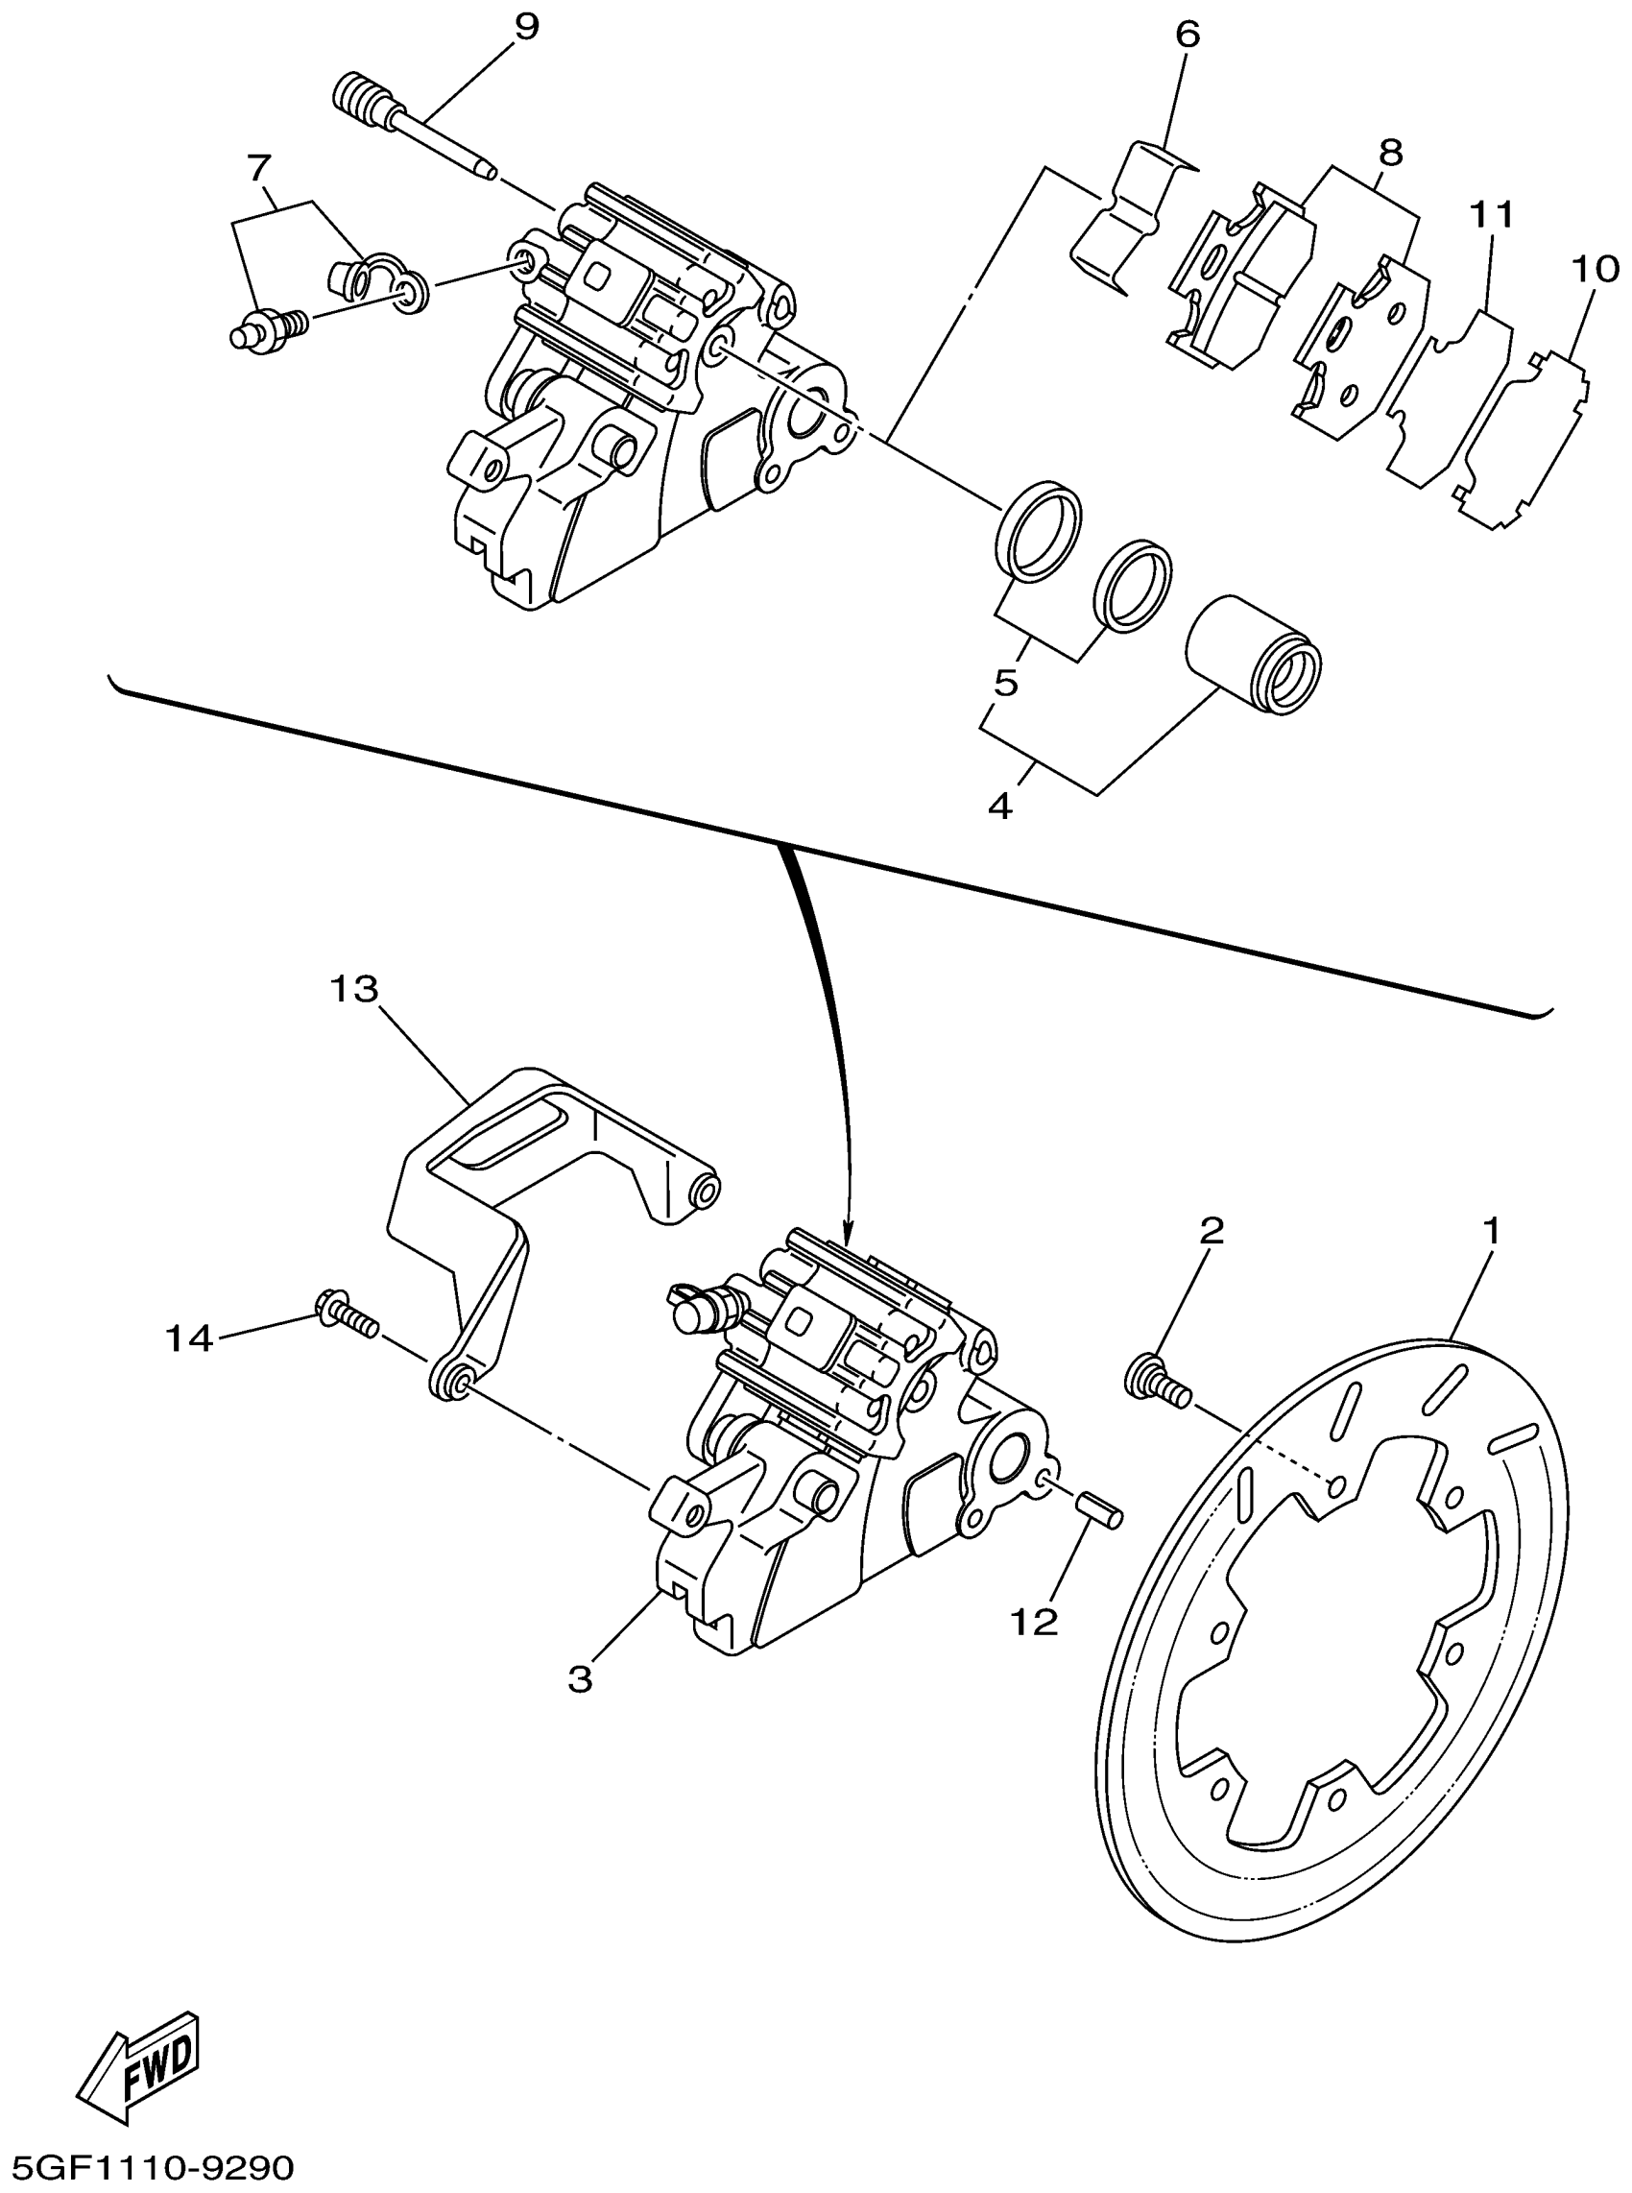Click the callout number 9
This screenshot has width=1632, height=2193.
pyautogui.click(x=526, y=27)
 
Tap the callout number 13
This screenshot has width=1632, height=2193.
pyautogui.click(x=354, y=988)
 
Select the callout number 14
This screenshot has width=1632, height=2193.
pyautogui.click(x=189, y=1338)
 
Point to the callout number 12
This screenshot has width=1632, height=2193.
pyautogui.click(x=1034, y=1620)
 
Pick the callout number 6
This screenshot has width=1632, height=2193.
pyautogui.click(x=1188, y=35)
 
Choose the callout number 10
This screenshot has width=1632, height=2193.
pyautogui.click(x=1593, y=268)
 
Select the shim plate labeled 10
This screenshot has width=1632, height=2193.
pyautogui.click(x=1522, y=440)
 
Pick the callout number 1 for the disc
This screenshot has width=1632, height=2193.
pyautogui.click(x=1492, y=1231)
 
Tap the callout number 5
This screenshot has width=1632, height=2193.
pyautogui.click(x=1006, y=683)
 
